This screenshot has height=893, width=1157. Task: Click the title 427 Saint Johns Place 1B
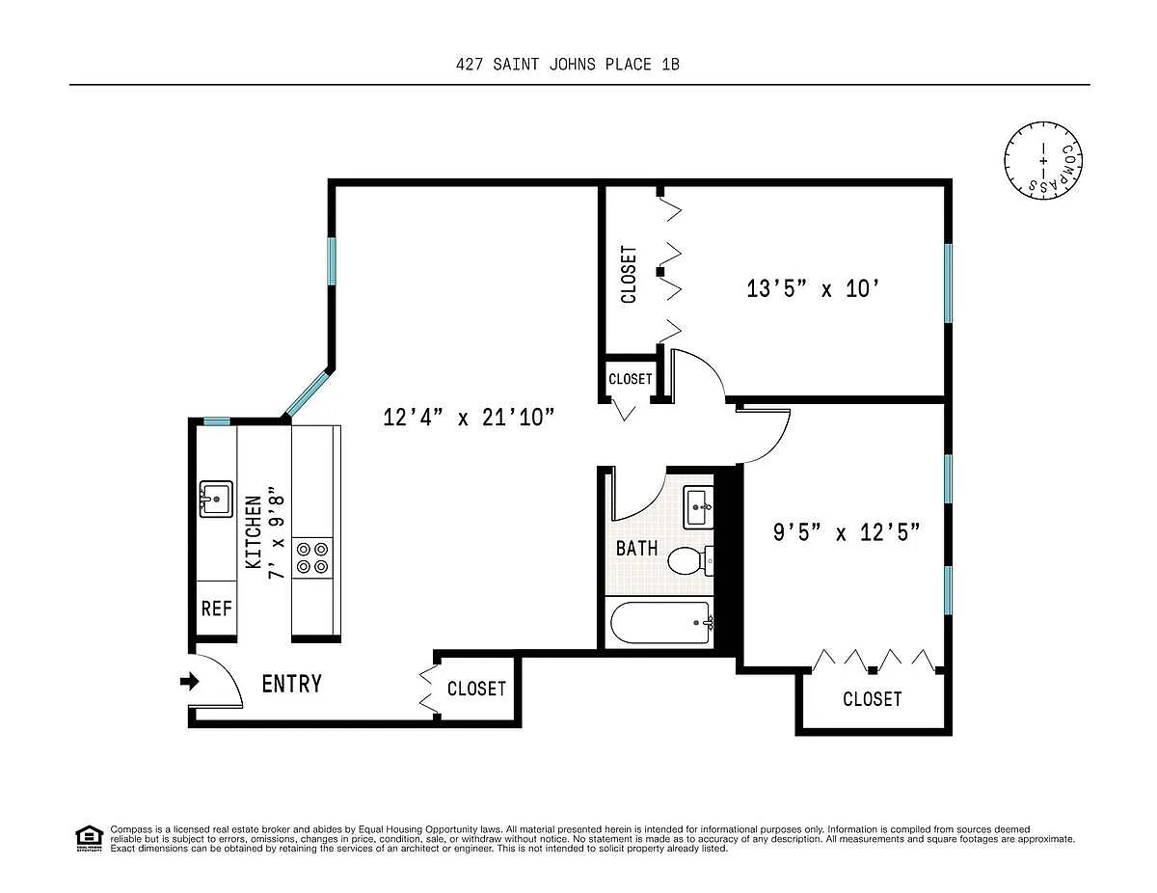point(568,65)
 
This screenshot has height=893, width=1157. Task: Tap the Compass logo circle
point(1043,160)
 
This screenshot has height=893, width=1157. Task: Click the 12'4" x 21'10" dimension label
point(469,417)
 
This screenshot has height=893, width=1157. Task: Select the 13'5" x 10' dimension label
point(813,288)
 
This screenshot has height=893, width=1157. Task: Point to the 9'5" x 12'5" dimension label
point(847,532)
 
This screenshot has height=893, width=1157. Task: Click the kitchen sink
point(216,499)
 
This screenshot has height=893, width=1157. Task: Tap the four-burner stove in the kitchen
point(312,557)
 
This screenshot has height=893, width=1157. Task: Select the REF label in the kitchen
point(216,609)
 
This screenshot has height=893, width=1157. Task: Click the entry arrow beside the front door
point(190,681)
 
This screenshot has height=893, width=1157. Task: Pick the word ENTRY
point(292,684)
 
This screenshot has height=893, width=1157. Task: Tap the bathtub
point(660,622)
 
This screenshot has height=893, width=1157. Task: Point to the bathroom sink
point(698,507)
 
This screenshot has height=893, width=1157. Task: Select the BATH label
point(636,549)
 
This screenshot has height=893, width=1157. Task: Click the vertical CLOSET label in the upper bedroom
point(629,274)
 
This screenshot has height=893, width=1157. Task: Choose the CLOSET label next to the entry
point(476,689)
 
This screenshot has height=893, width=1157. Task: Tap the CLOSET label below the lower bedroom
point(873,698)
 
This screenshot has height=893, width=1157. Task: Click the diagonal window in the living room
point(308,393)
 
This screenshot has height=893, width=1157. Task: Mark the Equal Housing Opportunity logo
point(89,839)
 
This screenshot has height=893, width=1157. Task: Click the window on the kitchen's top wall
point(217,421)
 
